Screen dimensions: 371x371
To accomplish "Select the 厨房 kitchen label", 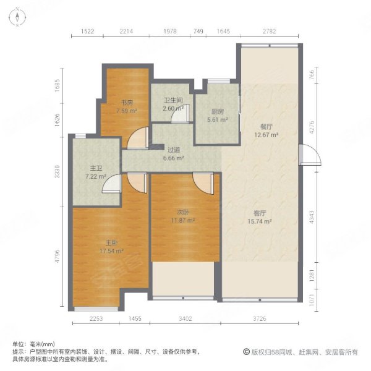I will [x=216, y=112].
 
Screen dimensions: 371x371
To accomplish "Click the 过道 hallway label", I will [x=174, y=149].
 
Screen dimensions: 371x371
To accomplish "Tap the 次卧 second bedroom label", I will [x=183, y=212].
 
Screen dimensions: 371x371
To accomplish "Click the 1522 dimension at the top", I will [x=87, y=32].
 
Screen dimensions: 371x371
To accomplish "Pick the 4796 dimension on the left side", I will [x=58, y=256].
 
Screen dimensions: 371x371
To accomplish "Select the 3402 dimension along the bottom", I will [x=185, y=319].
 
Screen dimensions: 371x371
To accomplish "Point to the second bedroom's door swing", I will [x=202, y=182].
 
